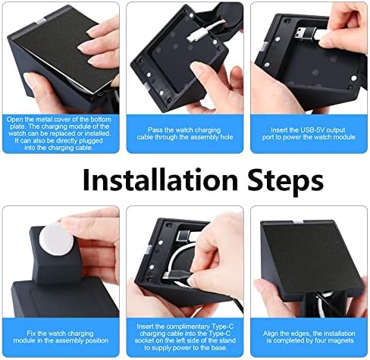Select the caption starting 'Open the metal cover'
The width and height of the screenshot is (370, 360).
click(61, 133)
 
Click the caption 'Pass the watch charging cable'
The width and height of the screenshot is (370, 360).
click(184, 133)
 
